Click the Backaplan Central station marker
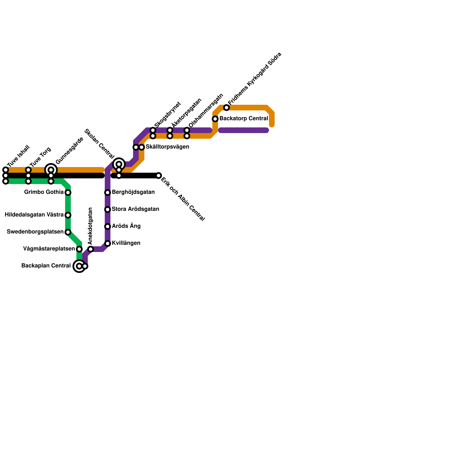click(x=80, y=266)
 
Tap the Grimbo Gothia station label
click(x=44, y=192)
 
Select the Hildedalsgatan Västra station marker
click(x=68, y=215)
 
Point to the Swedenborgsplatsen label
click(x=35, y=232)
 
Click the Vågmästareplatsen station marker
click(x=79, y=249)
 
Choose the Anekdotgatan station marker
click(x=91, y=249)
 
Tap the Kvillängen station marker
click(x=108, y=243)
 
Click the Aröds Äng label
click(x=126, y=226)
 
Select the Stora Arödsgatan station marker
click(x=108, y=210)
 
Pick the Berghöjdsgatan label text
click(x=133, y=192)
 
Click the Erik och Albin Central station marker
click(x=159, y=176)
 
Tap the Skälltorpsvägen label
click(x=167, y=147)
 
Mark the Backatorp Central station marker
click(x=215, y=119)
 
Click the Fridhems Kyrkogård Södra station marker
click(x=226, y=108)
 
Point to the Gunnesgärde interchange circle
click(x=51, y=170)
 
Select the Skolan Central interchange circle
click(x=119, y=164)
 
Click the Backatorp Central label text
click(x=243, y=119)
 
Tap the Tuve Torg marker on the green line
click(x=28, y=181)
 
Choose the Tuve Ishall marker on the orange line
click(x=6, y=170)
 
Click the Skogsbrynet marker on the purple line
click(x=153, y=130)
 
